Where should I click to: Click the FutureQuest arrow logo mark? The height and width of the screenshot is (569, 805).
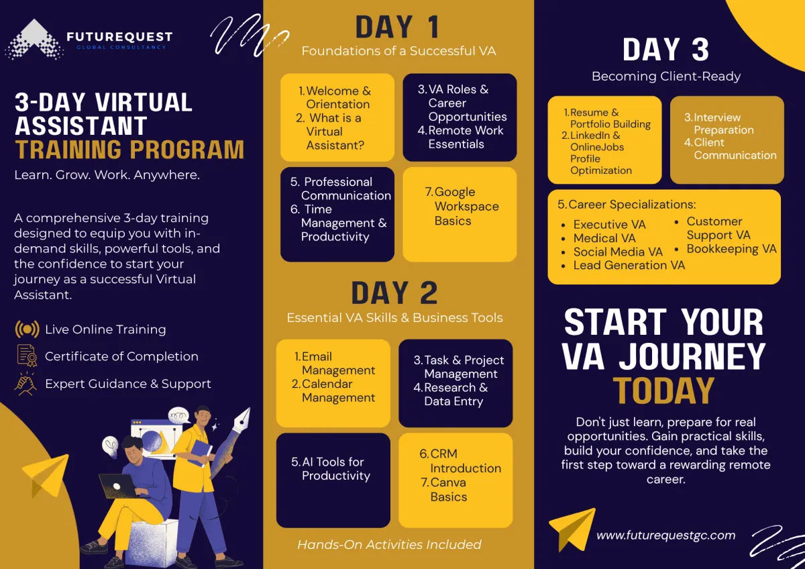pos(34,40)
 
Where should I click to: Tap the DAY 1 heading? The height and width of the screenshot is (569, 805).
pos(397,27)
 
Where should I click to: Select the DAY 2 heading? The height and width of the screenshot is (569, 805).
pos(394,293)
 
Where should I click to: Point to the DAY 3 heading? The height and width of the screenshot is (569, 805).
pos(665,49)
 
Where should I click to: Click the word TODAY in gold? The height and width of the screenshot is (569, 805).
pos(663,391)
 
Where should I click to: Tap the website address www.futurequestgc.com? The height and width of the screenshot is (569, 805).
pos(665,535)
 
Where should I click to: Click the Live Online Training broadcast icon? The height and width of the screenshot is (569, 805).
pos(27,329)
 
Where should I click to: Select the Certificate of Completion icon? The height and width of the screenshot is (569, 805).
pos(27,356)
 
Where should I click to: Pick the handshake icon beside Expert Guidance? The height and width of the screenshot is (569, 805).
pos(25,384)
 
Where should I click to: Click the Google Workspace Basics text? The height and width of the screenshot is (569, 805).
pos(462,206)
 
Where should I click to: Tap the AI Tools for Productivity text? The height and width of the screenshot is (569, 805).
pos(331,469)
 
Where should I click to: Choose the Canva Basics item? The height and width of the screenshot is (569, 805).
pos(444,490)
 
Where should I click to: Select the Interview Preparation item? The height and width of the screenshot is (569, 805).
pos(718,123)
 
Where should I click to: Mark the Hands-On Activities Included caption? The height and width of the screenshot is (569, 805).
pos(389,545)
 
